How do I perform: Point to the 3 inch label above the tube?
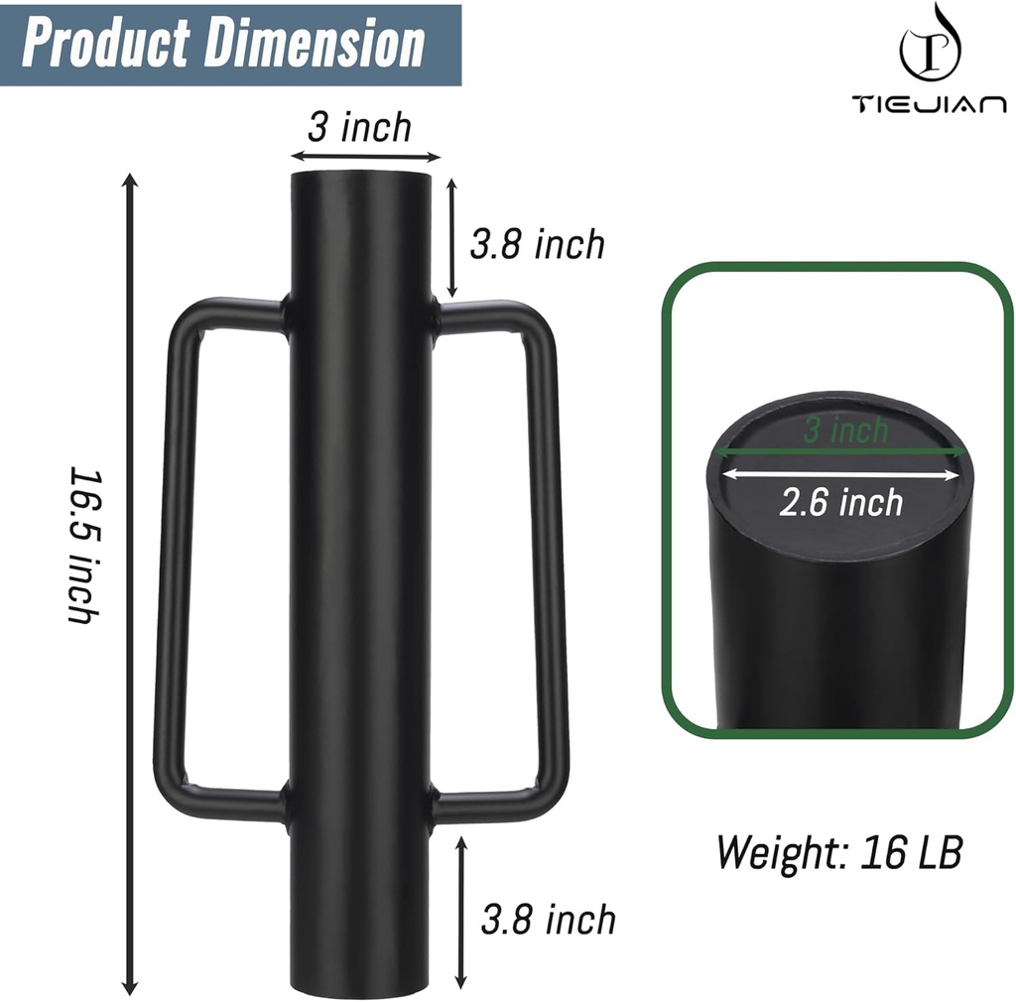point(359,127)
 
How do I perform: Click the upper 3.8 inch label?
point(537,244)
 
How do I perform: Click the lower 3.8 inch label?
point(548,919)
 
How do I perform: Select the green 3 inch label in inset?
point(845,430)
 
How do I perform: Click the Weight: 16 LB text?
point(838,851)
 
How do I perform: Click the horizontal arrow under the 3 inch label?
point(364,156)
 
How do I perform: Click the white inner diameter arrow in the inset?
point(841,473)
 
